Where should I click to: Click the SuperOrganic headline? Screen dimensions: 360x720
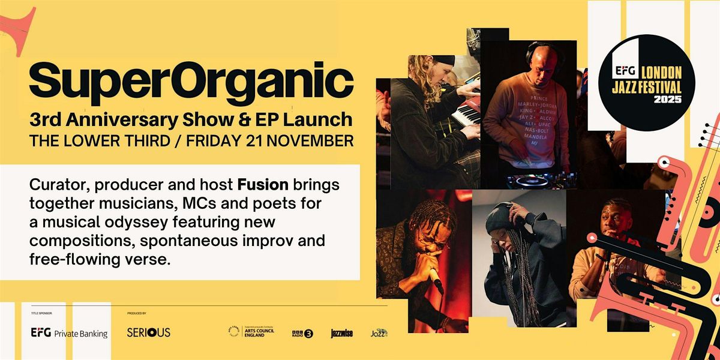pos(191,82)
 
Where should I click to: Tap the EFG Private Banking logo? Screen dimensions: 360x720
pos(69,332)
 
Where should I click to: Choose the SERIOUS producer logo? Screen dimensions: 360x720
pos(148,332)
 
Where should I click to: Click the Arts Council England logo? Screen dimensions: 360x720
pos(251,332)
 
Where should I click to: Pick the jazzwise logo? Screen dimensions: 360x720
pos(340,333)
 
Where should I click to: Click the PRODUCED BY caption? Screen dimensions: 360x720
pos(137,313)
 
